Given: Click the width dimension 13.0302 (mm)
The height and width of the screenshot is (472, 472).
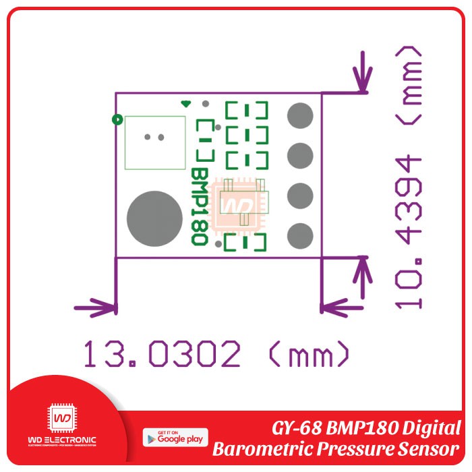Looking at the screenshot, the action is pyautogui.click(x=216, y=353).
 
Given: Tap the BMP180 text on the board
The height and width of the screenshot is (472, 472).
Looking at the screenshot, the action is pyautogui.click(x=199, y=206).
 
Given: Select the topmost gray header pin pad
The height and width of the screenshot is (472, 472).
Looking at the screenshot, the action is pyautogui.click(x=300, y=115).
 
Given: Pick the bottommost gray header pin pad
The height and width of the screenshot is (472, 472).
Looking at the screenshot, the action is pyautogui.click(x=300, y=237).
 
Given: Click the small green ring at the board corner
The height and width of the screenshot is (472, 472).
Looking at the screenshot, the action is pyautogui.click(x=117, y=120).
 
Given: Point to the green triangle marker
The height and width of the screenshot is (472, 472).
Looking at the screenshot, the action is pyautogui.click(x=186, y=104).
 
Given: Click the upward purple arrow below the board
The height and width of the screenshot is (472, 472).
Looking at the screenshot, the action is pyautogui.click(x=364, y=276).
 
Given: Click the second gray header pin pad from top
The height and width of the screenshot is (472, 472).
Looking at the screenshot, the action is pyautogui.click(x=300, y=156).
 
